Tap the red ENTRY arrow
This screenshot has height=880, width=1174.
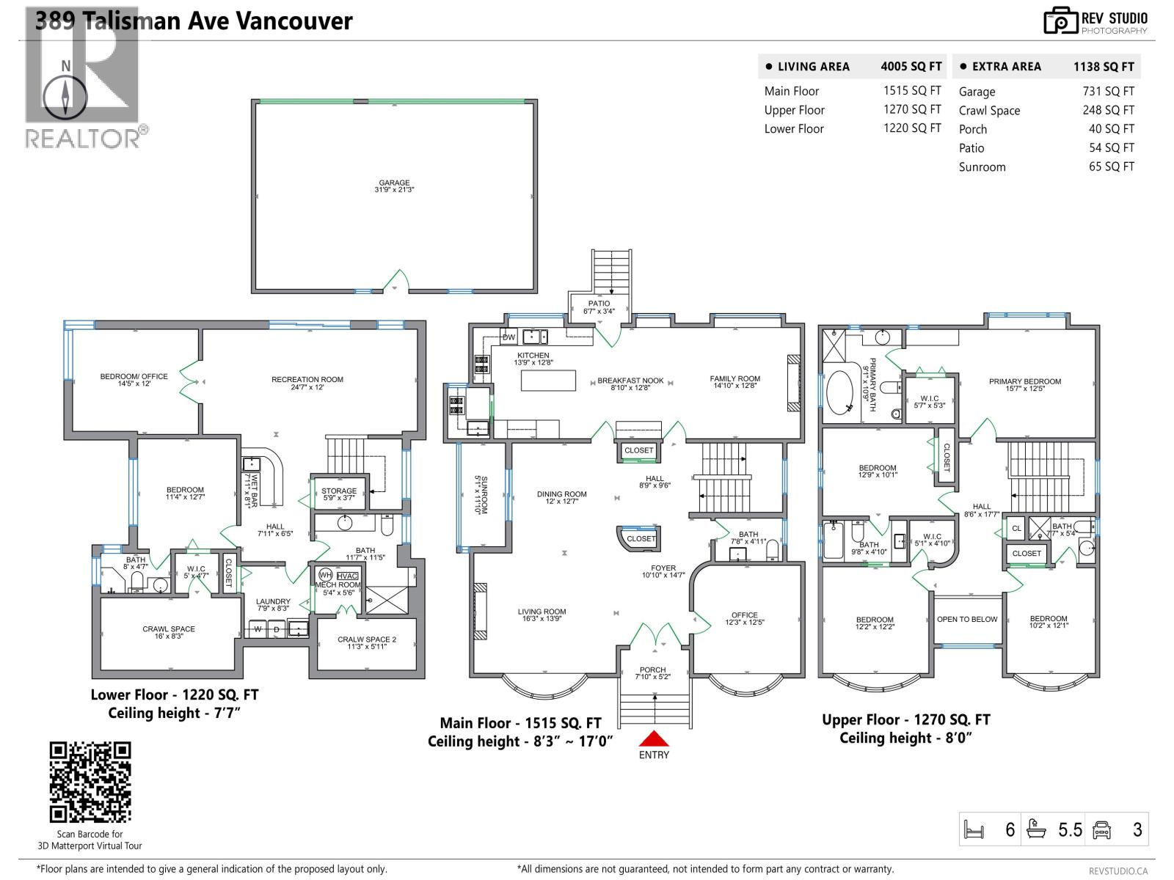[654, 738]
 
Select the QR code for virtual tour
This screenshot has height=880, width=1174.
[90, 782]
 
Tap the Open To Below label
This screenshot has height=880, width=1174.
[966, 620]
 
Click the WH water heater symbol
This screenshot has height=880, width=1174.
[326, 576]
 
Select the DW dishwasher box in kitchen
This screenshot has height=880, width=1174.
[508, 337]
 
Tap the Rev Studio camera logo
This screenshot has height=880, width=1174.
[1061, 21]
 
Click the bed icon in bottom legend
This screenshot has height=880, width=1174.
[974, 830]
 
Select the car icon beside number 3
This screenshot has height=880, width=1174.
[1101, 830]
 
